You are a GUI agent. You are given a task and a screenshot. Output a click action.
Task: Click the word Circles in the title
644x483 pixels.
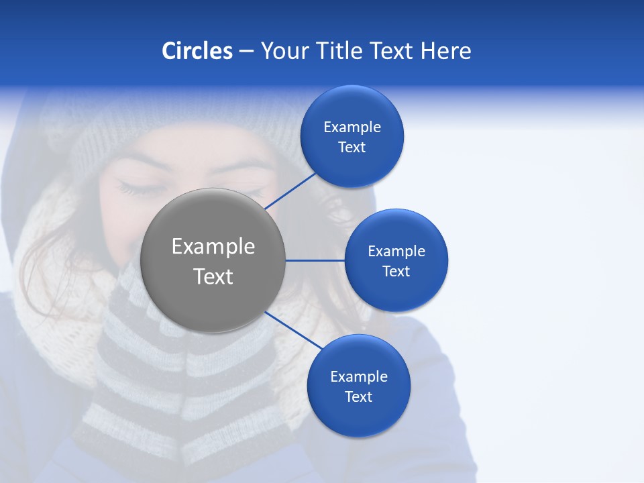(x=197, y=51)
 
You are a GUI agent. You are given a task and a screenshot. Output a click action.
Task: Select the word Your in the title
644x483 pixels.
(x=285, y=51)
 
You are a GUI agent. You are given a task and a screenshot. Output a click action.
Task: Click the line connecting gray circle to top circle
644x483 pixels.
(x=290, y=191)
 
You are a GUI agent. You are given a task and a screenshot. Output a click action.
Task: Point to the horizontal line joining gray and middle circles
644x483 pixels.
(x=315, y=260)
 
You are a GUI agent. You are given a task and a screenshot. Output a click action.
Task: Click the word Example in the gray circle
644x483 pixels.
(x=213, y=246)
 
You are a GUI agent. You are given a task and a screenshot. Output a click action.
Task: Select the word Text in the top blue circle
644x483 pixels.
(x=352, y=148)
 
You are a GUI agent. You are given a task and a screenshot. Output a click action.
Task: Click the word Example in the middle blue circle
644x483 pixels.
(x=396, y=251)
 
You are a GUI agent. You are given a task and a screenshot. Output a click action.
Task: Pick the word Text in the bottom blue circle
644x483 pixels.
(x=359, y=396)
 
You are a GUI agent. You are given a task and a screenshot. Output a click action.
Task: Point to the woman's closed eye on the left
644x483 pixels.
(x=138, y=189)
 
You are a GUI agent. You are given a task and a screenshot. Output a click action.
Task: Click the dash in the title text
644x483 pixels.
(x=246, y=52)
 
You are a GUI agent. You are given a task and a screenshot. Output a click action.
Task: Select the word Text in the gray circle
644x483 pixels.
(x=213, y=276)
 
